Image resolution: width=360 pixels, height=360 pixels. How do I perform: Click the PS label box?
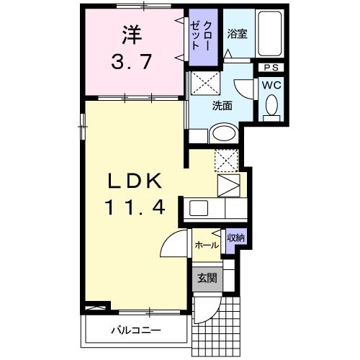tap(271, 68)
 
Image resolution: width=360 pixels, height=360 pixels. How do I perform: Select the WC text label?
tap(271, 84)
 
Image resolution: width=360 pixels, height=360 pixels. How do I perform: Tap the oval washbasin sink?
tap(223, 133)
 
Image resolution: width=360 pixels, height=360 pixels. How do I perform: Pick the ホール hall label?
tap(207, 246)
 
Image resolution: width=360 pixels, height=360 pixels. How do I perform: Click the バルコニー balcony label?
tap(135, 330)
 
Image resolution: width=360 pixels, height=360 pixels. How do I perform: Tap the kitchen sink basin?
tap(198, 210)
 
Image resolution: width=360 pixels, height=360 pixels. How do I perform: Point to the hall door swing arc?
tap(171, 248)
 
